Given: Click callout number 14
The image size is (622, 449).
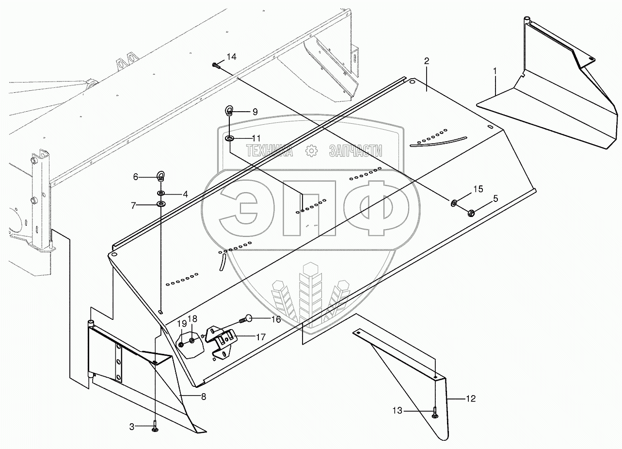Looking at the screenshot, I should pos(231,57).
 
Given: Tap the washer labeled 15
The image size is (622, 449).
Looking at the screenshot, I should pos(455,202).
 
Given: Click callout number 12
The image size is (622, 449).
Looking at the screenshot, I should pos(471,399).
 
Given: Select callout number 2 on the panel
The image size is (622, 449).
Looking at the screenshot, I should pos(426,61).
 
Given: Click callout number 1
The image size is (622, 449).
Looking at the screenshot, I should pos(495,71).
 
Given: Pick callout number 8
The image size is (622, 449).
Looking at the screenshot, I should pos(203,397).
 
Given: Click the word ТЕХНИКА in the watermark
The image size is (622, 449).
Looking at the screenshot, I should pos(269,151).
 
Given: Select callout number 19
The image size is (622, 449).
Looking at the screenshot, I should pos(181,324).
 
